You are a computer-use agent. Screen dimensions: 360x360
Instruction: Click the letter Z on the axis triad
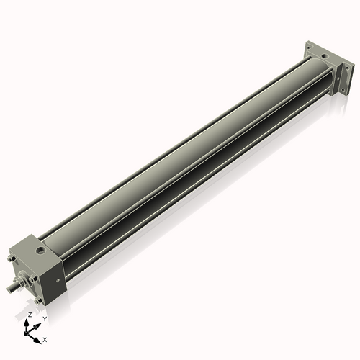29,315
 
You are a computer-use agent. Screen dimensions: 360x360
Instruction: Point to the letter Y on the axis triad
44,318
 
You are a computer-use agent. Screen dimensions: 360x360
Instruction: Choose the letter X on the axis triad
45,338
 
